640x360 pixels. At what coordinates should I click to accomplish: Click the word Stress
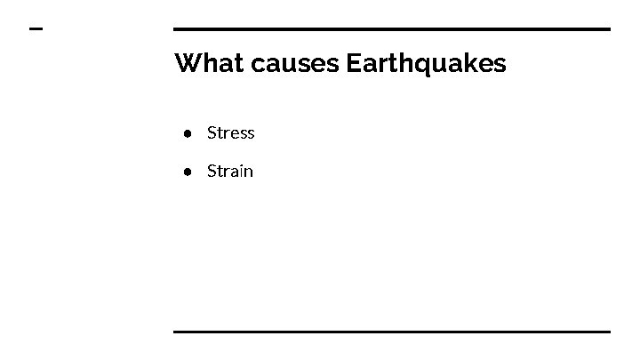(x=230, y=133)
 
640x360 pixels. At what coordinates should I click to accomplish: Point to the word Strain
(x=229, y=171)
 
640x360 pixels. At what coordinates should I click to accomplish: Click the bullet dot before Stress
(x=189, y=133)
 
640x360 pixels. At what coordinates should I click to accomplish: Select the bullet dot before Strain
(x=189, y=171)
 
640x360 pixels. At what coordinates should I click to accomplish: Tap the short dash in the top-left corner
(x=36, y=29)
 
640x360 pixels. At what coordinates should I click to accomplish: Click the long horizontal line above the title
(x=391, y=29)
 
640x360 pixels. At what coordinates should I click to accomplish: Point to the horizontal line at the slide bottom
(x=391, y=332)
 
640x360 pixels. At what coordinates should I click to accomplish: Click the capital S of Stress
(x=212, y=133)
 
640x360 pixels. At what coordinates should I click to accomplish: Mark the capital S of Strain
(x=212, y=171)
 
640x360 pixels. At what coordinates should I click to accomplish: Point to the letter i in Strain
(x=240, y=171)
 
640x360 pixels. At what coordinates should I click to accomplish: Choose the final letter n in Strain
(x=248, y=172)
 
